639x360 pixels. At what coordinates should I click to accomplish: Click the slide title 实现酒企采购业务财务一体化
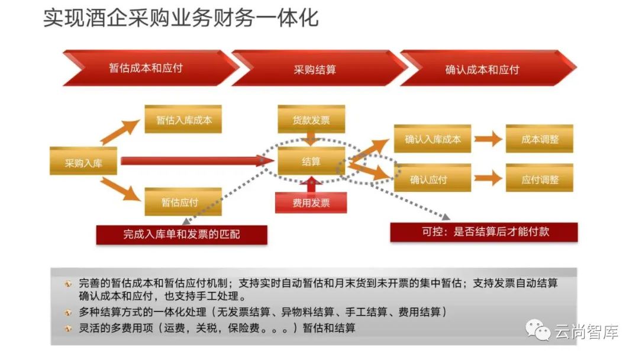[x=180, y=18]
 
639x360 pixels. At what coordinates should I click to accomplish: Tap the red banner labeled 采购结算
[x=315, y=69]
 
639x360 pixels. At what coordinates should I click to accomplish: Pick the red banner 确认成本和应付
[x=482, y=69]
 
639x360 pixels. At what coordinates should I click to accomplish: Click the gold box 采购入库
[x=83, y=161]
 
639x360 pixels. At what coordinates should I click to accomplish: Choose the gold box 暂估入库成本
[x=184, y=120]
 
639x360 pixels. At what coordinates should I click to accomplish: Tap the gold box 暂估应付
[x=180, y=202]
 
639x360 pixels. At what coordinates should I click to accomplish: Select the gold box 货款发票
[x=311, y=120]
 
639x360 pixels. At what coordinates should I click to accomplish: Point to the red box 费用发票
[x=311, y=203]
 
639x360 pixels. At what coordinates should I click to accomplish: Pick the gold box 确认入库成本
[x=433, y=140]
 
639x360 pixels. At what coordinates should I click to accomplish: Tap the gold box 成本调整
[x=540, y=140]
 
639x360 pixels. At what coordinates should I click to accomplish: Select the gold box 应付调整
[x=540, y=179]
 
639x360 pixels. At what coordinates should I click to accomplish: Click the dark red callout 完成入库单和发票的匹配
[x=182, y=234]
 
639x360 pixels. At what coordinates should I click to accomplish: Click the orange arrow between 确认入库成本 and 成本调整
[x=488, y=140]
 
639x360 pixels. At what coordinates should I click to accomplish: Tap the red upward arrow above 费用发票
[x=311, y=185]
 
